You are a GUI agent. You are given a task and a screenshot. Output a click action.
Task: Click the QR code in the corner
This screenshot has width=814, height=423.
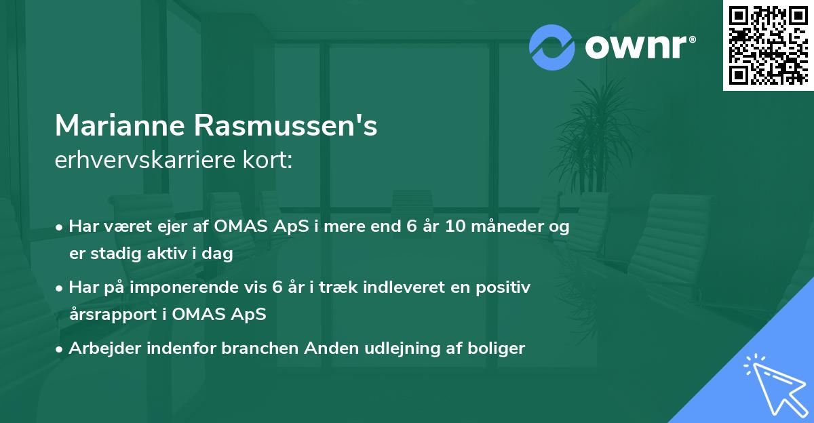pyautogui.click(x=768, y=45)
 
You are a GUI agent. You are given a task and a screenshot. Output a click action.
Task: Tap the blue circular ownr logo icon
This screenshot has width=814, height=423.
pyautogui.click(x=552, y=47)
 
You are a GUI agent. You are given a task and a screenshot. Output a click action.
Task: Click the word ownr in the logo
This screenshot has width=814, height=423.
pyautogui.click(x=637, y=46)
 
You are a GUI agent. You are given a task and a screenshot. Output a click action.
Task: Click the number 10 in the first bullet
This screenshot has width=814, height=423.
pyautogui.click(x=455, y=227)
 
